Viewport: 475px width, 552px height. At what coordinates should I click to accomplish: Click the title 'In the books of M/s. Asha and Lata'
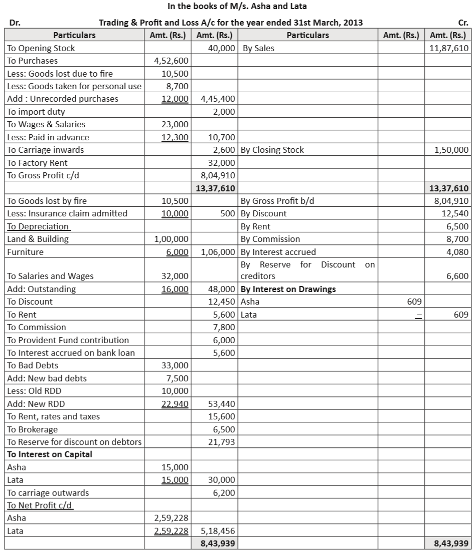coord(237,7)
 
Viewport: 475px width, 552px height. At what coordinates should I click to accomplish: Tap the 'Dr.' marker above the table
coord(15,23)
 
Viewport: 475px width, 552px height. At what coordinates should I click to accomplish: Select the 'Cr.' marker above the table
coord(463,23)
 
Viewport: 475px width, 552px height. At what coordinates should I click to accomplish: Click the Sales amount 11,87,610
coord(449,48)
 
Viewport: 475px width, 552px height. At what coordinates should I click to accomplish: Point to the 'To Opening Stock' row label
coord(41,48)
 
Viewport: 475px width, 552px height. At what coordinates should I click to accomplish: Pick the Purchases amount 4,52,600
coord(172,61)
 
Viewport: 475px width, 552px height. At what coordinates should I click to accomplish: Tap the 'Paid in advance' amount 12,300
coord(175,137)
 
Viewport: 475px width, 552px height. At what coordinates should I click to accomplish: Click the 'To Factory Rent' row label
coord(37,163)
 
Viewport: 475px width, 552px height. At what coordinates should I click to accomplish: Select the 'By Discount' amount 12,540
coord(456,213)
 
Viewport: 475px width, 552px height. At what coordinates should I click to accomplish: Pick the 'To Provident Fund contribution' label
coord(68,340)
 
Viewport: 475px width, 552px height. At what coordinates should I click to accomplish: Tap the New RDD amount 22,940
coord(175,404)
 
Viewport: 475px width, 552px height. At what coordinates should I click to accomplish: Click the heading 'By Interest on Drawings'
coord(288,289)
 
